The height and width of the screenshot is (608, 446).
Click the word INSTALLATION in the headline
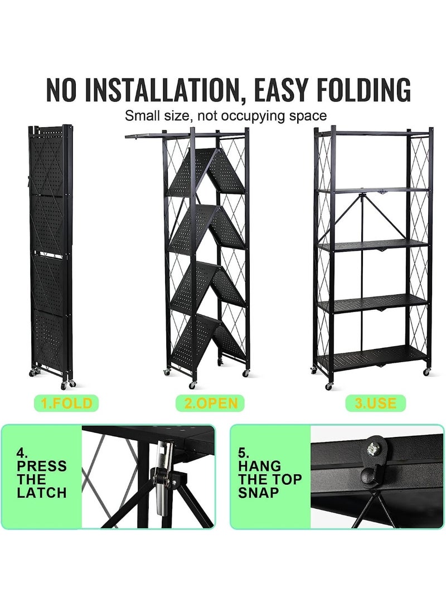161,90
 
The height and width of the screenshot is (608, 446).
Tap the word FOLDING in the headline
363,90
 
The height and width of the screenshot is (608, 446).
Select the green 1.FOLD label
67,403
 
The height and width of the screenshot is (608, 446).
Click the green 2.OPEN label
210,403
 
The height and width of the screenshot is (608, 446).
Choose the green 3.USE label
375,403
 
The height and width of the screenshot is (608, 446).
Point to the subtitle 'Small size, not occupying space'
225,115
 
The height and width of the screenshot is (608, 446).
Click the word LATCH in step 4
42,493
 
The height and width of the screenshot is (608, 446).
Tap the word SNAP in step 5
258,493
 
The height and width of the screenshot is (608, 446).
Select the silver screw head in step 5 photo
374,450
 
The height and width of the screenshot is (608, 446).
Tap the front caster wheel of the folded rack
64,385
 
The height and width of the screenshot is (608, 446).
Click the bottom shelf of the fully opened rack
373,356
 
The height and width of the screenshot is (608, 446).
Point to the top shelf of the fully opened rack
373,133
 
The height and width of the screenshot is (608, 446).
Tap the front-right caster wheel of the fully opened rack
426,372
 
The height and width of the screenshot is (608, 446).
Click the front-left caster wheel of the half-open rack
192,386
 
